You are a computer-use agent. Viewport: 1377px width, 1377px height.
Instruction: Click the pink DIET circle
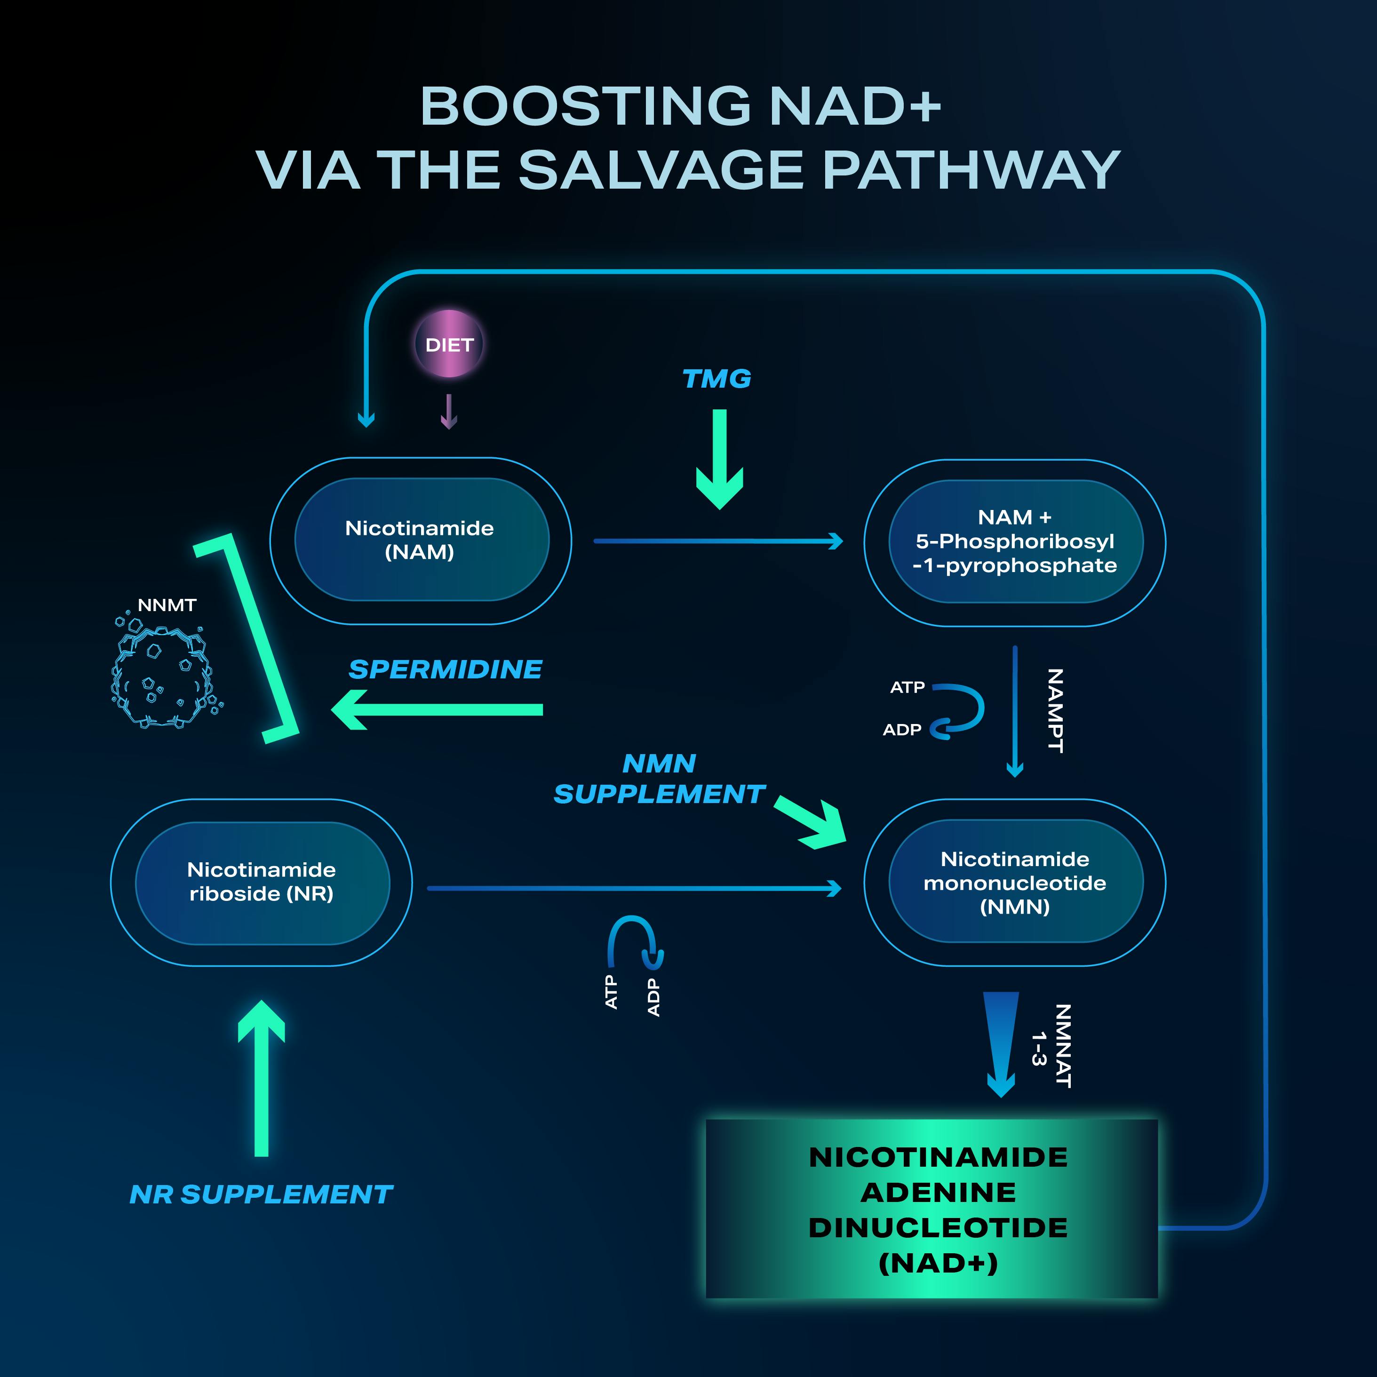pos(449,344)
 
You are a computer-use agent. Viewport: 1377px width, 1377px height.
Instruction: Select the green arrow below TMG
pos(720,460)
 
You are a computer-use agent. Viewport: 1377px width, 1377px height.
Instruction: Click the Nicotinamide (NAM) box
pos(421,540)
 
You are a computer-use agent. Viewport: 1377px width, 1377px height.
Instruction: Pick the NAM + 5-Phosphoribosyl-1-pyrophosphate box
pos(1014,541)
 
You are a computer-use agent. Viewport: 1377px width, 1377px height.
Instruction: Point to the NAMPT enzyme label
pos(1056,710)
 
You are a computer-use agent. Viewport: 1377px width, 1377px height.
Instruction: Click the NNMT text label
pos(167,605)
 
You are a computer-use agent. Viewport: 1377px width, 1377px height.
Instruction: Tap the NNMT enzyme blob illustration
pos(162,677)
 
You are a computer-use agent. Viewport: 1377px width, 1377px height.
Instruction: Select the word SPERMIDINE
pos(446,669)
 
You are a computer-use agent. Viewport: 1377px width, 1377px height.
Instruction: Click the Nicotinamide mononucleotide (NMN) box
pos(1014,883)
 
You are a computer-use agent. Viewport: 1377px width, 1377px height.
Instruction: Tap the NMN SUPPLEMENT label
pos(659,779)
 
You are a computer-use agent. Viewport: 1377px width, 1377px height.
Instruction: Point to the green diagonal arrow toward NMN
pos(811,822)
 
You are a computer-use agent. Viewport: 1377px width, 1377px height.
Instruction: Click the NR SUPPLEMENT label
pos(262,1194)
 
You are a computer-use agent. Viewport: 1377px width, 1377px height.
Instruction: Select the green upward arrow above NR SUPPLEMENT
pos(262,1076)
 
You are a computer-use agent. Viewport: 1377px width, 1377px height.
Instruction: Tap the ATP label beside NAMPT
pos(907,687)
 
